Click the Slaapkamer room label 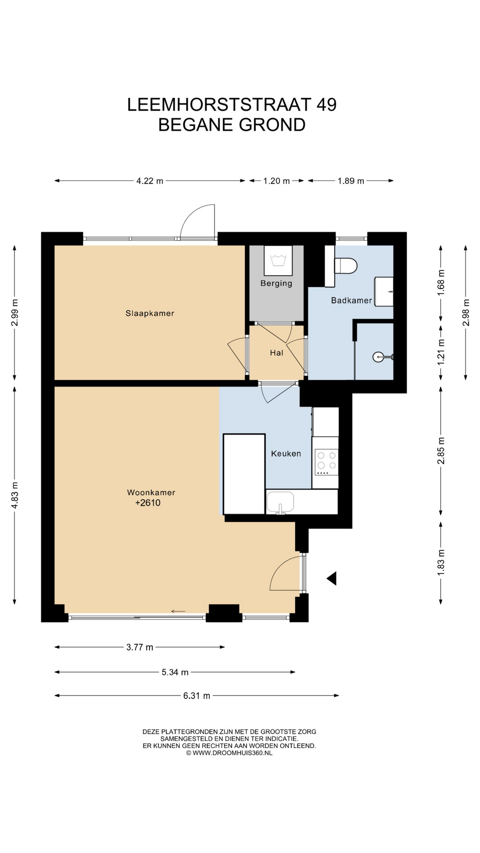pyautogui.click(x=150, y=313)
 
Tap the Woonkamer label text pyautogui.click(x=151, y=492)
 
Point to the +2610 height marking pyautogui.click(x=148, y=503)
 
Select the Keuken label pyautogui.click(x=286, y=454)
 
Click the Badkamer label pyautogui.click(x=352, y=300)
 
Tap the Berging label pyautogui.click(x=276, y=283)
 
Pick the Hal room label pyautogui.click(x=276, y=353)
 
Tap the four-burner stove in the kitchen pyautogui.click(x=327, y=462)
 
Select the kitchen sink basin pyautogui.click(x=280, y=502)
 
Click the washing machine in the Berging pyautogui.click(x=278, y=261)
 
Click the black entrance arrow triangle pyautogui.click(x=332, y=578)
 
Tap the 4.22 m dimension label pyautogui.click(x=150, y=181)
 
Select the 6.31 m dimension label pyautogui.click(x=196, y=696)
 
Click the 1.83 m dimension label pyautogui.click(x=441, y=563)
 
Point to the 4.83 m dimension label pyautogui.click(x=15, y=495)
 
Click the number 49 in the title pyautogui.click(x=327, y=105)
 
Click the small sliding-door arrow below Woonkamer pyautogui.click(x=178, y=612)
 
